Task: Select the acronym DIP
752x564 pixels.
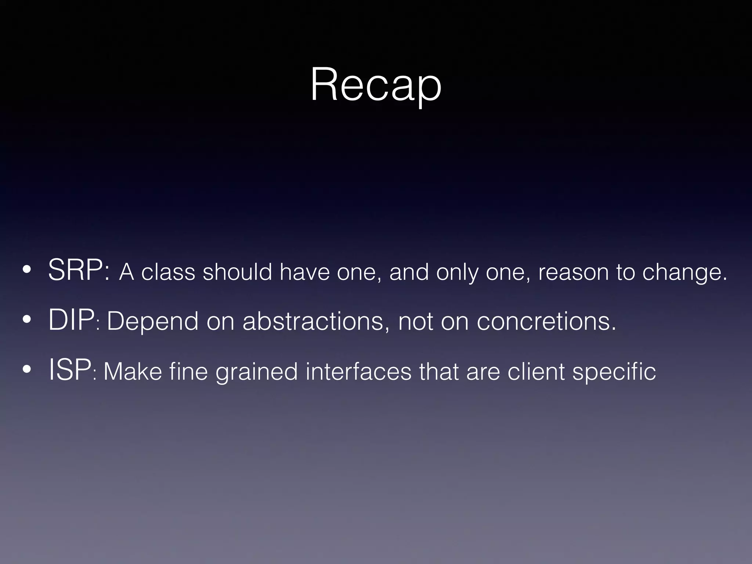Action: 71,321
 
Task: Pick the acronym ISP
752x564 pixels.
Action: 70,370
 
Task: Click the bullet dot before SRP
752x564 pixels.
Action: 26,271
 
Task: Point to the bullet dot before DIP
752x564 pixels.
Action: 26,321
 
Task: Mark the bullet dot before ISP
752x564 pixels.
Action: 26,370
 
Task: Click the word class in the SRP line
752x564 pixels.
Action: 168,272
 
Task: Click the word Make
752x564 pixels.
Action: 133,371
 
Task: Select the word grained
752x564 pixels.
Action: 256,372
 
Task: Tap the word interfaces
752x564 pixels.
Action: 358,371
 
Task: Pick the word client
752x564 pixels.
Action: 536,371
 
